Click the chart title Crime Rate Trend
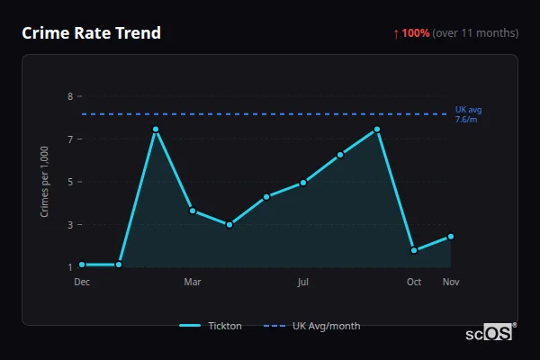(91, 33)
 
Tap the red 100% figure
(415, 33)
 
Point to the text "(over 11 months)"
(475, 33)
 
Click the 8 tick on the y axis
(70, 96)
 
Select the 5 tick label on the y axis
(70, 182)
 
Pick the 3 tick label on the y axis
(70, 225)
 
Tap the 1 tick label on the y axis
(70, 267)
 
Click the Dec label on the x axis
(82, 283)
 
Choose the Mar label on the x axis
(193, 283)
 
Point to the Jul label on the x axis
(303, 283)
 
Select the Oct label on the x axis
(414, 283)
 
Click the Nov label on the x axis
(451, 283)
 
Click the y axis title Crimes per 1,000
(45, 182)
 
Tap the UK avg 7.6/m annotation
(467, 114)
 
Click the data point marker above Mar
(193, 211)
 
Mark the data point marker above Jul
(303, 183)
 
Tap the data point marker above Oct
(414, 250)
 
